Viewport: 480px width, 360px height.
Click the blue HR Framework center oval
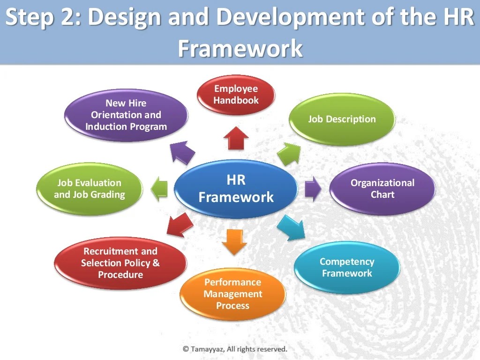click(x=236, y=188)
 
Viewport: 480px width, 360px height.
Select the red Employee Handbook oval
click(x=236, y=95)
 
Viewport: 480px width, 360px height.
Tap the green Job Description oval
click(x=342, y=119)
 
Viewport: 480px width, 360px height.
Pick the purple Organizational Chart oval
click(x=382, y=188)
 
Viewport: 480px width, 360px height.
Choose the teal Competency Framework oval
click(x=347, y=268)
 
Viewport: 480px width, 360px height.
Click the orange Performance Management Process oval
click(x=232, y=294)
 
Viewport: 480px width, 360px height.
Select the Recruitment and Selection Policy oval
click(x=120, y=263)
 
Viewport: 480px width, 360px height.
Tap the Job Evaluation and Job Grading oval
click(x=89, y=188)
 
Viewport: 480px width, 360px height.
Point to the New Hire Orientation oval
click(x=126, y=115)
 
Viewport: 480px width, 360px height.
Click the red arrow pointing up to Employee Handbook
click(x=236, y=138)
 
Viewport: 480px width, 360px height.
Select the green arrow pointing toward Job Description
click(x=289, y=152)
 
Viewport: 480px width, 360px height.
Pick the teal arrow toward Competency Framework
click(x=292, y=227)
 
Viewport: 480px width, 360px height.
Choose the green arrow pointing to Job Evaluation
click(x=159, y=188)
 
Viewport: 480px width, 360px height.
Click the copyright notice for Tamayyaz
click(x=235, y=349)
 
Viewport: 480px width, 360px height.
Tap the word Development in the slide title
click(x=290, y=17)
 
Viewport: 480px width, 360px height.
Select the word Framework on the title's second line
click(x=240, y=48)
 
